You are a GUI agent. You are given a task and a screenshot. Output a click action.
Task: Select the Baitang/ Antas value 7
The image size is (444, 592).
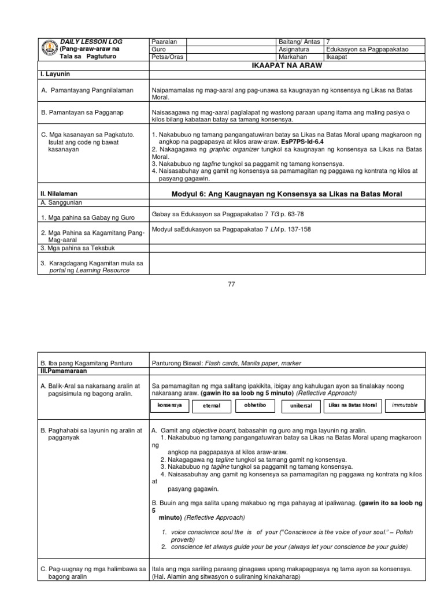(328, 42)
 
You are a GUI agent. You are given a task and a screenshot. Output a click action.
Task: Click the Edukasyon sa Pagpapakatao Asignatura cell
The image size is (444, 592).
(367, 49)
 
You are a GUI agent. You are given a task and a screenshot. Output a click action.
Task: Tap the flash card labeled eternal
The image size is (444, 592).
(212, 406)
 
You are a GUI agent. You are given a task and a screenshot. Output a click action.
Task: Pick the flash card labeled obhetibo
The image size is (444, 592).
(255, 405)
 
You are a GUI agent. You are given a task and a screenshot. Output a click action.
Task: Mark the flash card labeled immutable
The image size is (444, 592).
(405, 405)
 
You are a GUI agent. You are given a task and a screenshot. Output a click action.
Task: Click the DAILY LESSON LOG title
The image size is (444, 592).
(91, 42)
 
